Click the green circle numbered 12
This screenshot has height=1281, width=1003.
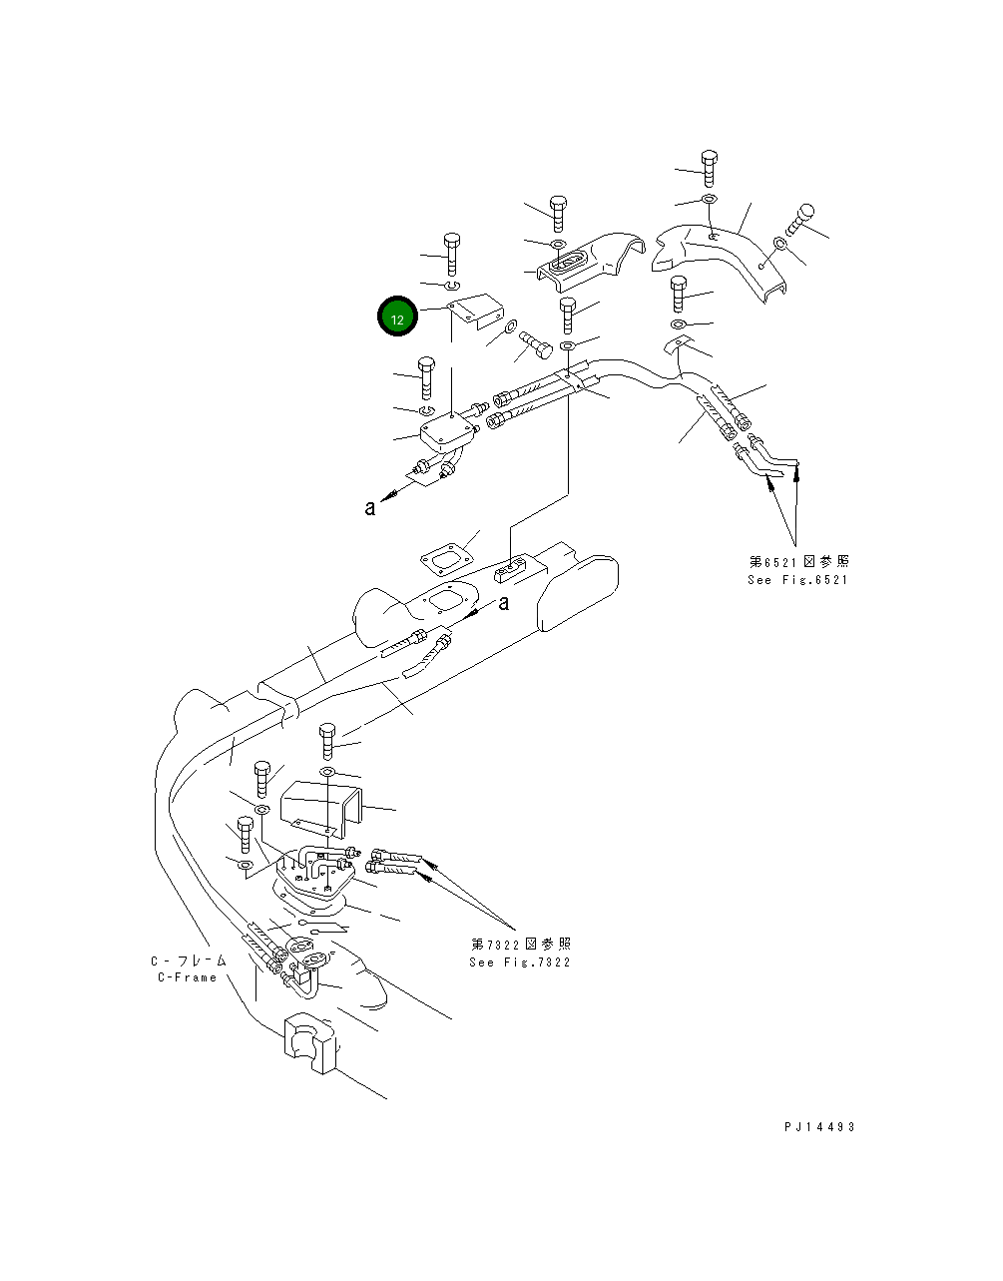pyautogui.click(x=396, y=319)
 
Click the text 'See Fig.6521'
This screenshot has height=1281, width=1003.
pyautogui.click(x=797, y=580)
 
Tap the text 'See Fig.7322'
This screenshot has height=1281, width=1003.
pyautogui.click(x=520, y=962)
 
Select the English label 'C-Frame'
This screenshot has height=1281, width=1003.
pyautogui.click(x=188, y=977)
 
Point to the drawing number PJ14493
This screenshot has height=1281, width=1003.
pyautogui.click(x=819, y=1127)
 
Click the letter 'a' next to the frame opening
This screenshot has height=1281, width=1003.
pyautogui.click(x=504, y=602)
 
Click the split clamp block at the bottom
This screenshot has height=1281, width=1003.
pyautogui.click(x=310, y=1043)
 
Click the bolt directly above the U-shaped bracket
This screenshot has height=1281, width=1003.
pyautogui.click(x=329, y=742)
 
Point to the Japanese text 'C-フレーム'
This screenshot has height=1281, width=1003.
pyautogui.click(x=189, y=961)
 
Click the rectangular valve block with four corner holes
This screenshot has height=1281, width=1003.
pyautogui.click(x=449, y=432)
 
